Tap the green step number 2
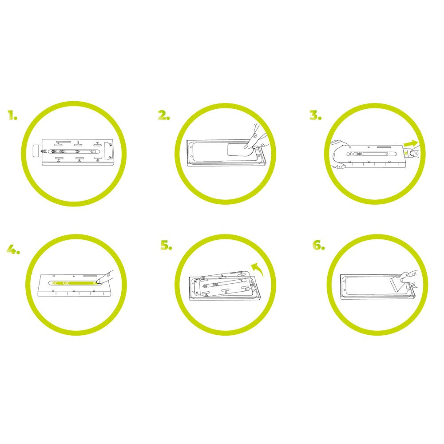click(x=164, y=115)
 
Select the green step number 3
click(x=315, y=115)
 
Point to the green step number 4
click(x=13, y=249)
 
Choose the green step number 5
click(x=166, y=245)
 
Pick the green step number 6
click(x=319, y=245)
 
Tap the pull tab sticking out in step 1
click(x=37, y=151)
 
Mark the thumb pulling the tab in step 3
click(x=414, y=153)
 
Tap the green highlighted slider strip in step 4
click(x=73, y=283)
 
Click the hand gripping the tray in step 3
click(x=339, y=155)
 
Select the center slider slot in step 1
click(x=74, y=151)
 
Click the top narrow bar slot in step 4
click(x=90, y=275)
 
